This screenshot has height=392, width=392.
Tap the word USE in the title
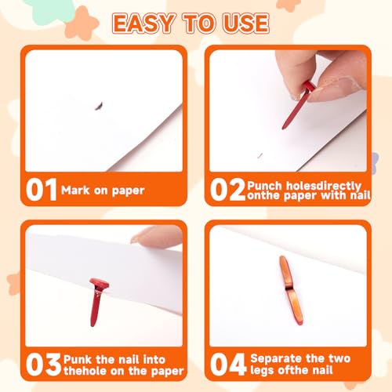point(245,24)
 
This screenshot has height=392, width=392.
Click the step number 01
point(42,190)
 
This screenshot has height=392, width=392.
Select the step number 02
point(227,190)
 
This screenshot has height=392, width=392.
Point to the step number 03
point(43,365)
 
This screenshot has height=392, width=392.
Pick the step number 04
point(228,365)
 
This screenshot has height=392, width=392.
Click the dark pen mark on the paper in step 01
point(99,106)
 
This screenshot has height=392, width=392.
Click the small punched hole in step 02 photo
point(260,155)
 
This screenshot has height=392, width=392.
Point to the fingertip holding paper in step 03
point(157,235)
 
